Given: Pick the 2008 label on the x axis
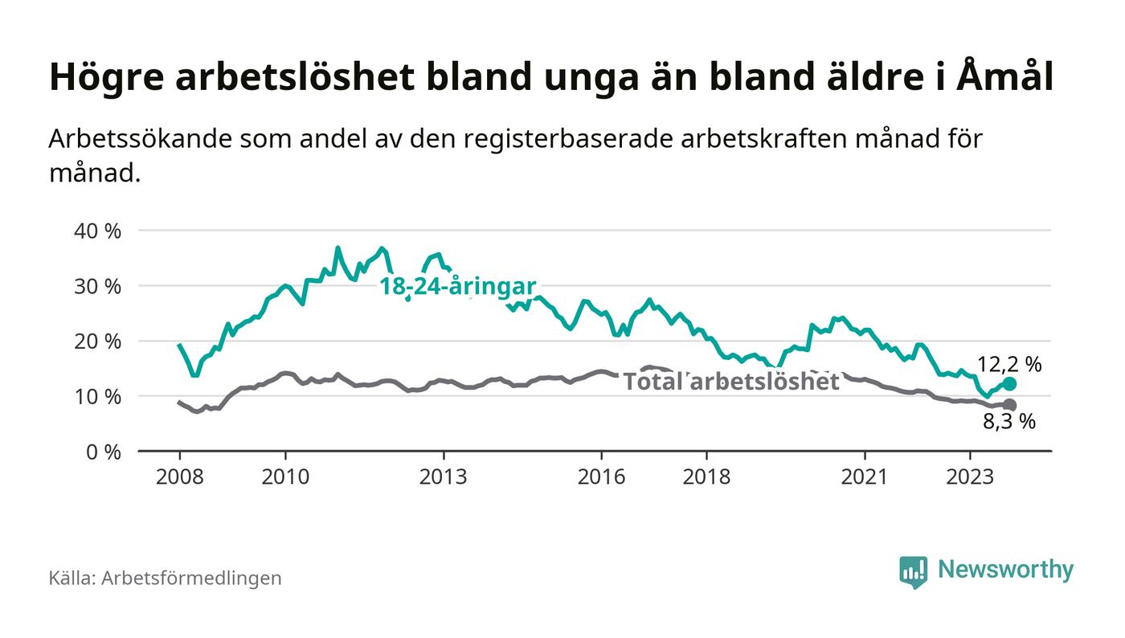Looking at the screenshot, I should pyautogui.click(x=179, y=476).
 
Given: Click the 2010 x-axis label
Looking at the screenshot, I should pyautogui.click(x=285, y=476).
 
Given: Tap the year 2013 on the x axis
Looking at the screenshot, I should pyautogui.click(x=443, y=476).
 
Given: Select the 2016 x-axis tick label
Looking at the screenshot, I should pyautogui.click(x=601, y=476).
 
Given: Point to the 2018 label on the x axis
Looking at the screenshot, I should pyautogui.click(x=706, y=476).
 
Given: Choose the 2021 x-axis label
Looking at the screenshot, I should pyautogui.click(x=865, y=476).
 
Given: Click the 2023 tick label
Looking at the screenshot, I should pyautogui.click(x=970, y=476).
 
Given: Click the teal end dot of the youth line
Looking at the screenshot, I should pyautogui.click(x=1009, y=384).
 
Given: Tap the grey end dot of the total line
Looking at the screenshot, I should pyautogui.click(x=1009, y=405).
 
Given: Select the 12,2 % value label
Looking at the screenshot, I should pyautogui.click(x=1009, y=365).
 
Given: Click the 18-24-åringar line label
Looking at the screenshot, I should pyautogui.click(x=457, y=286).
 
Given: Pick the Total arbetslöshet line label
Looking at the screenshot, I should pyautogui.click(x=731, y=382).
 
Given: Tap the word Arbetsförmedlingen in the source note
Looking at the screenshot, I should pyautogui.click(x=191, y=578).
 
